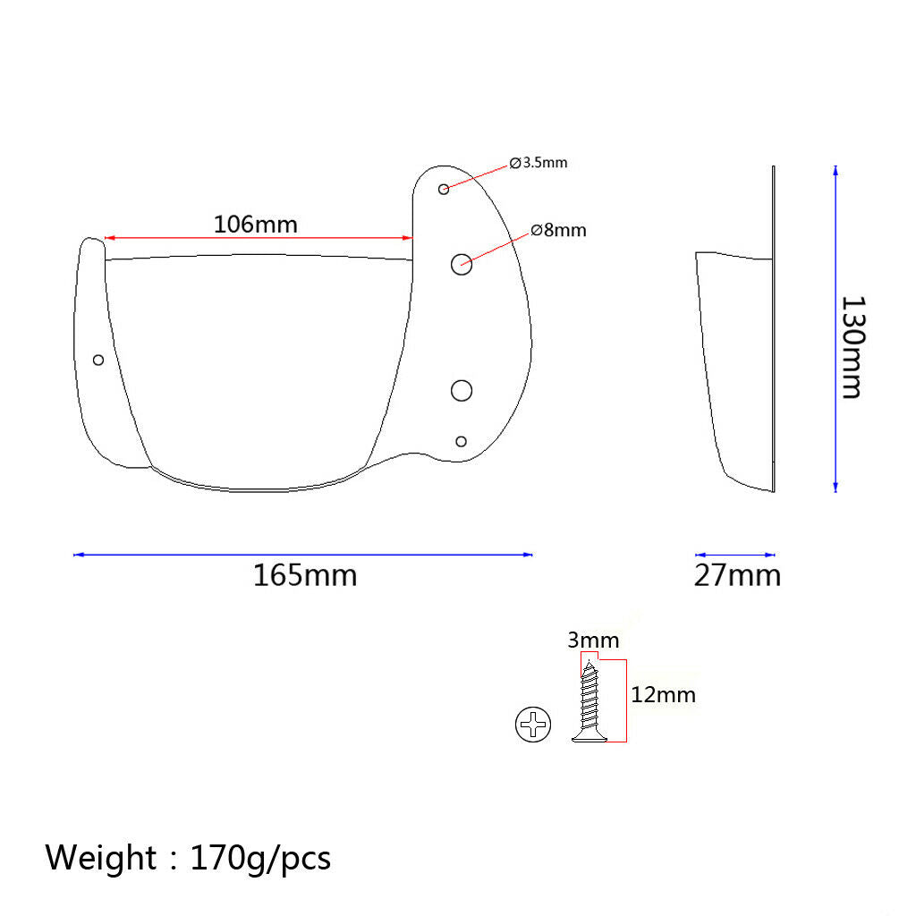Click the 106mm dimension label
tap(255, 225)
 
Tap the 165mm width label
tap(305, 575)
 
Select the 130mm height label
tap(852, 348)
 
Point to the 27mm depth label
tap(737, 575)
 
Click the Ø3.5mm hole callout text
tap(538, 163)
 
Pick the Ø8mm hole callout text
tap(558, 230)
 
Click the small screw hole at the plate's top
tap(444, 190)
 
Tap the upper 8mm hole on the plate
tap(462, 265)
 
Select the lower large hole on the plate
tap(462, 391)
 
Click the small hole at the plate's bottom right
tap(461, 442)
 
